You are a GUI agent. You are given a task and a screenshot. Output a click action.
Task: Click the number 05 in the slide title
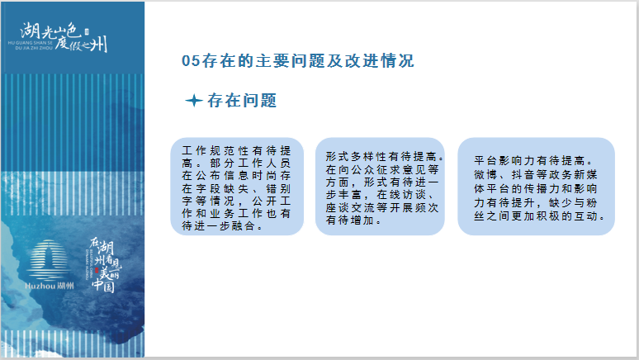(x=192, y=61)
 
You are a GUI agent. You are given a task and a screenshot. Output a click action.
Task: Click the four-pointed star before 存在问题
(x=194, y=100)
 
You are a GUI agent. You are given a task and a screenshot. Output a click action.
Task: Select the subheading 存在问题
(x=242, y=101)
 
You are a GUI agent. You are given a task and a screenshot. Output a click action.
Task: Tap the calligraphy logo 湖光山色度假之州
(x=64, y=36)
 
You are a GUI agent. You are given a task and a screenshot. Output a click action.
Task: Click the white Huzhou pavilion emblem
(x=48, y=259)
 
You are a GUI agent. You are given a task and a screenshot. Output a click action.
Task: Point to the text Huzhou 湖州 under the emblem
(x=50, y=286)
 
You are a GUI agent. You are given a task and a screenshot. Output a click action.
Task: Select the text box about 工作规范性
(x=237, y=187)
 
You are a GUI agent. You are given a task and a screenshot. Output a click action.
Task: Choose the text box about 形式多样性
(x=380, y=187)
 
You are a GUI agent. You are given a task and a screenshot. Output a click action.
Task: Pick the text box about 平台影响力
(x=536, y=187)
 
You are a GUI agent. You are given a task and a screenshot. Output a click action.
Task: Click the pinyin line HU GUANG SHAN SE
(x=31, y=43)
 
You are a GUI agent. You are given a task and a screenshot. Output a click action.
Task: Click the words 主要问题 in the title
(x=273, y=61)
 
